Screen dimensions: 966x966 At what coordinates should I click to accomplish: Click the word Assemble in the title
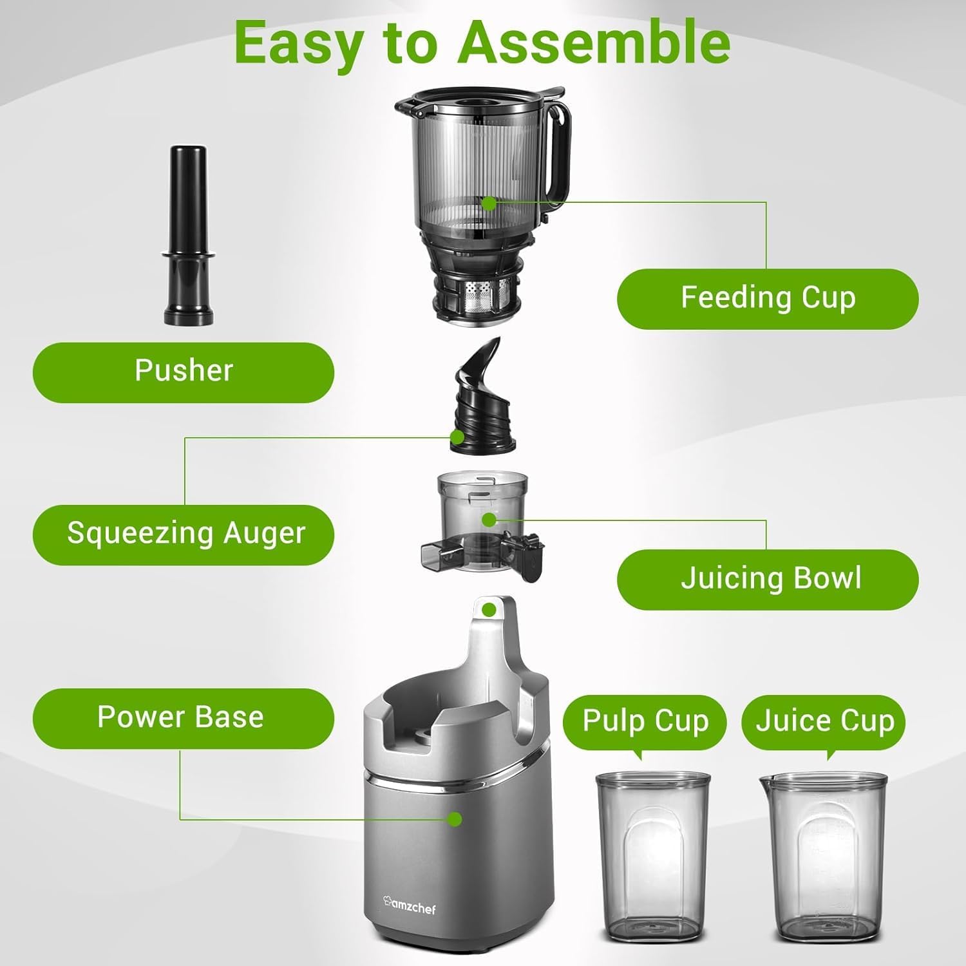pos(594,43)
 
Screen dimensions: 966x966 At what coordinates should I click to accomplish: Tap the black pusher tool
pos(187,238)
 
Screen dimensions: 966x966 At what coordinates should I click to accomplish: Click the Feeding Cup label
pos(768,299)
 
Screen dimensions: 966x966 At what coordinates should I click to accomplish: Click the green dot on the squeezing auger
pos(457,437)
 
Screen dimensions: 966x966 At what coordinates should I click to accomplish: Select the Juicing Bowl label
pos(768,578)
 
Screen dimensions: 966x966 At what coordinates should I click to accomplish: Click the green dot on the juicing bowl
pos(489,519)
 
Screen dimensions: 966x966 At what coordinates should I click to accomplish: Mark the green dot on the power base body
pos(455,819)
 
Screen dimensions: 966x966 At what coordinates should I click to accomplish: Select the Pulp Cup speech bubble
pos(645,721)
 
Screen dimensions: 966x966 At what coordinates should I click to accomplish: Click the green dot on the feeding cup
pos(489,204)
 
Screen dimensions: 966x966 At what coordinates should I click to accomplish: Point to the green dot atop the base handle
pos(489,609)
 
